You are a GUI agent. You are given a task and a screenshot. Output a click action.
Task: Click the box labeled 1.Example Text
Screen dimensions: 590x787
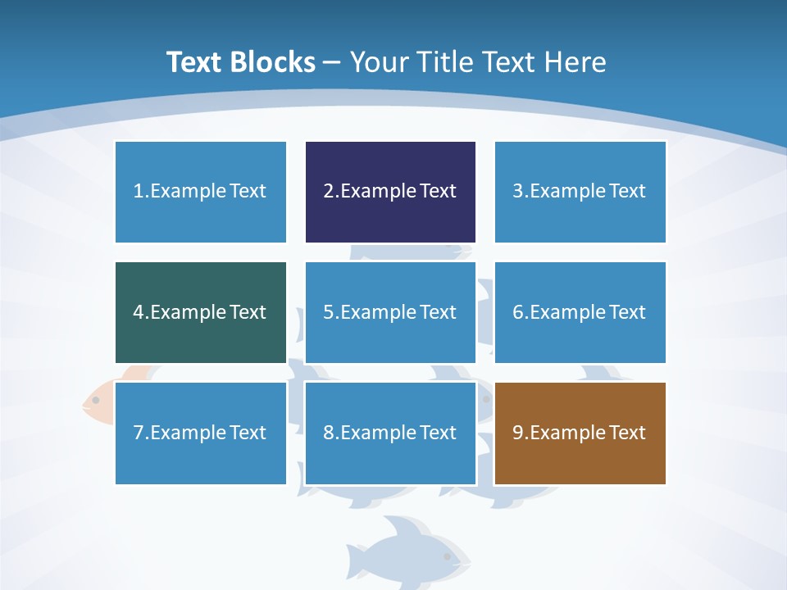201,192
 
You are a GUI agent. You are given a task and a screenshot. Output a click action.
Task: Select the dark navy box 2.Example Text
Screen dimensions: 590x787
390,192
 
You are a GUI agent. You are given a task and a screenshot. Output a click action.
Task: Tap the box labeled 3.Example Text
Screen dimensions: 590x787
580,192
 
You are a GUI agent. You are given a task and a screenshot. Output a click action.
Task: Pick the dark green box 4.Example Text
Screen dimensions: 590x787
201,312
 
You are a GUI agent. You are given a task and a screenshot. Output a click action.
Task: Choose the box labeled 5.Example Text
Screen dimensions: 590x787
390,312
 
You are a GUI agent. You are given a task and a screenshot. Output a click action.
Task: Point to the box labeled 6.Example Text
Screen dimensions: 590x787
580,312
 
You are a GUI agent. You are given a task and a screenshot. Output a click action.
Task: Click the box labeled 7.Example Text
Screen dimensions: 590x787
201,433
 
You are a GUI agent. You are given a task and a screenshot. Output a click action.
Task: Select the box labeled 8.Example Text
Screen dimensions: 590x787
390,433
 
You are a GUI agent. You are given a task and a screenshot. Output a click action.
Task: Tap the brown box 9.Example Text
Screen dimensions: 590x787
580,433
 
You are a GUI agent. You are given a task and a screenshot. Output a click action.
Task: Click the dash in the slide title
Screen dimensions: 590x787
332,62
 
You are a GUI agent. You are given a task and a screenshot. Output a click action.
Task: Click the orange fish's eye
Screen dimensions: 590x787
96,400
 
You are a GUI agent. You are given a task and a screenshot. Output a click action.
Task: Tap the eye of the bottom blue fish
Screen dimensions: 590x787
447,556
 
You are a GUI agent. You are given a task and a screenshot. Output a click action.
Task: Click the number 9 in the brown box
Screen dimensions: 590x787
518,433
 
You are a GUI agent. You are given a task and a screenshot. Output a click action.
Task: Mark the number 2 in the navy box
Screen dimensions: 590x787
329,192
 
